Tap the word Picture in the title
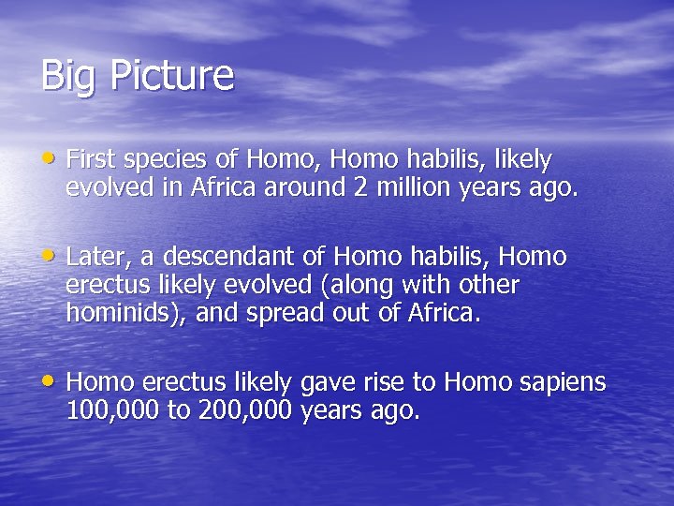point(171,75)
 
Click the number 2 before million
point(360,187)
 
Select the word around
point(304,187)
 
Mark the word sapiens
point(564,383)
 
